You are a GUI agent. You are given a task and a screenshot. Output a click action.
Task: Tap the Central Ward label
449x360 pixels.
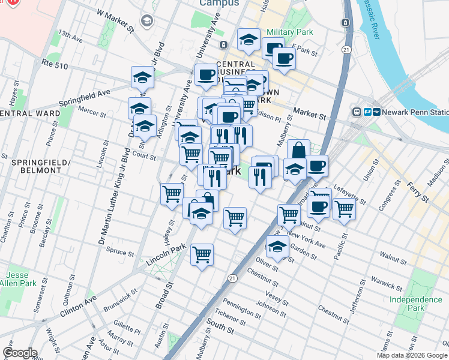[30, 113]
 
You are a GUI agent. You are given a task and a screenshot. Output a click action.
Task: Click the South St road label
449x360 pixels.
[219, 328]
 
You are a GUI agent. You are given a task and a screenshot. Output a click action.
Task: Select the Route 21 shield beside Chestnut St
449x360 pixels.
[232, 277]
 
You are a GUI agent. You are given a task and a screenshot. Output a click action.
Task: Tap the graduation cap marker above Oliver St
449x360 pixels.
[277, 246]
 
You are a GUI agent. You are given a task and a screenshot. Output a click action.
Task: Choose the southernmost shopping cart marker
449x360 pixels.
[202, 254]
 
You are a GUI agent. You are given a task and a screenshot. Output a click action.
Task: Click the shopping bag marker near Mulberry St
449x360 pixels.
[298, 149]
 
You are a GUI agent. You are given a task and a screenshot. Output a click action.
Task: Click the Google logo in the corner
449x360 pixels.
[19, 353]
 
